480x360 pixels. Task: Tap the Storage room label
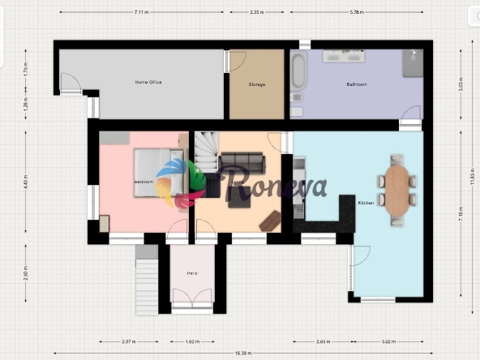[x=257, y=84]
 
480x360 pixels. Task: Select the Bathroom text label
[x=357, y=84]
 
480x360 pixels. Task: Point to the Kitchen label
[x=366, y=203]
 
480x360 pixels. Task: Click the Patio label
[x=192, y=273]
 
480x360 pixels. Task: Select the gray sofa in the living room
[x=242, y=162]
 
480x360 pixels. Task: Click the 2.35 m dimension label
[x=256, y=13]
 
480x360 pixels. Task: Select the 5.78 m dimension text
[x=356, y=13]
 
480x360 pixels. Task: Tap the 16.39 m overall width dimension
[x=242, y=354]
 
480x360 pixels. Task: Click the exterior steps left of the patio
[x=146, y=279]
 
